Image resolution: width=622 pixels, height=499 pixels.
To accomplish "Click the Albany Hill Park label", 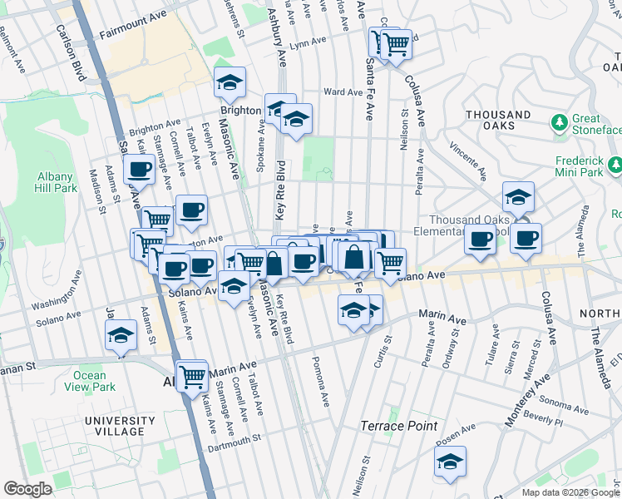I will tap(57, 182).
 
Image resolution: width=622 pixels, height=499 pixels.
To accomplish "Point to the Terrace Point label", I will tap(398, 426).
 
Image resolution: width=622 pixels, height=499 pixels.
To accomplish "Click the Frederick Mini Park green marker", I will tap(615, 166).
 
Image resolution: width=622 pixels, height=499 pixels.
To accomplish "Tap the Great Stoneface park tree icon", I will tap(560, 123).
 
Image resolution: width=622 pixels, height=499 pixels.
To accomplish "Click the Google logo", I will tap(27, 488).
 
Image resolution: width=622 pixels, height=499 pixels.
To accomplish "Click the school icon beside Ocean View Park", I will tap(121, 336).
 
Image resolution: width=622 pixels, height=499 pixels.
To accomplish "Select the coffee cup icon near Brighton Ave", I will tap(140, 170).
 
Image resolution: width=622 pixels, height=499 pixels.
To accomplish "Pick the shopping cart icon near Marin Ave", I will tap(192, 376).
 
